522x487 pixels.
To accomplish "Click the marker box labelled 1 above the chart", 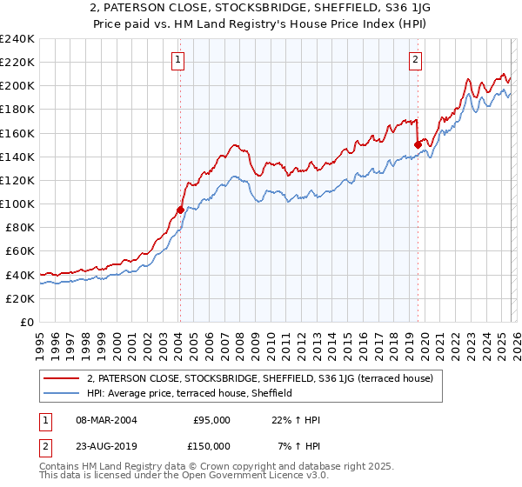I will click(x=177, y=60).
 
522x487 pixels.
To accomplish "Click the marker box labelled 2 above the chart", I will click(x=415, y=60).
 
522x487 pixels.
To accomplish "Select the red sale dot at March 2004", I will click(x=180, y=210).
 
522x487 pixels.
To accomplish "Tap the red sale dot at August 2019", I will click(x=418, y=144).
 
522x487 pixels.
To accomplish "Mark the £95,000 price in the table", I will click(x=211, y=419).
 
